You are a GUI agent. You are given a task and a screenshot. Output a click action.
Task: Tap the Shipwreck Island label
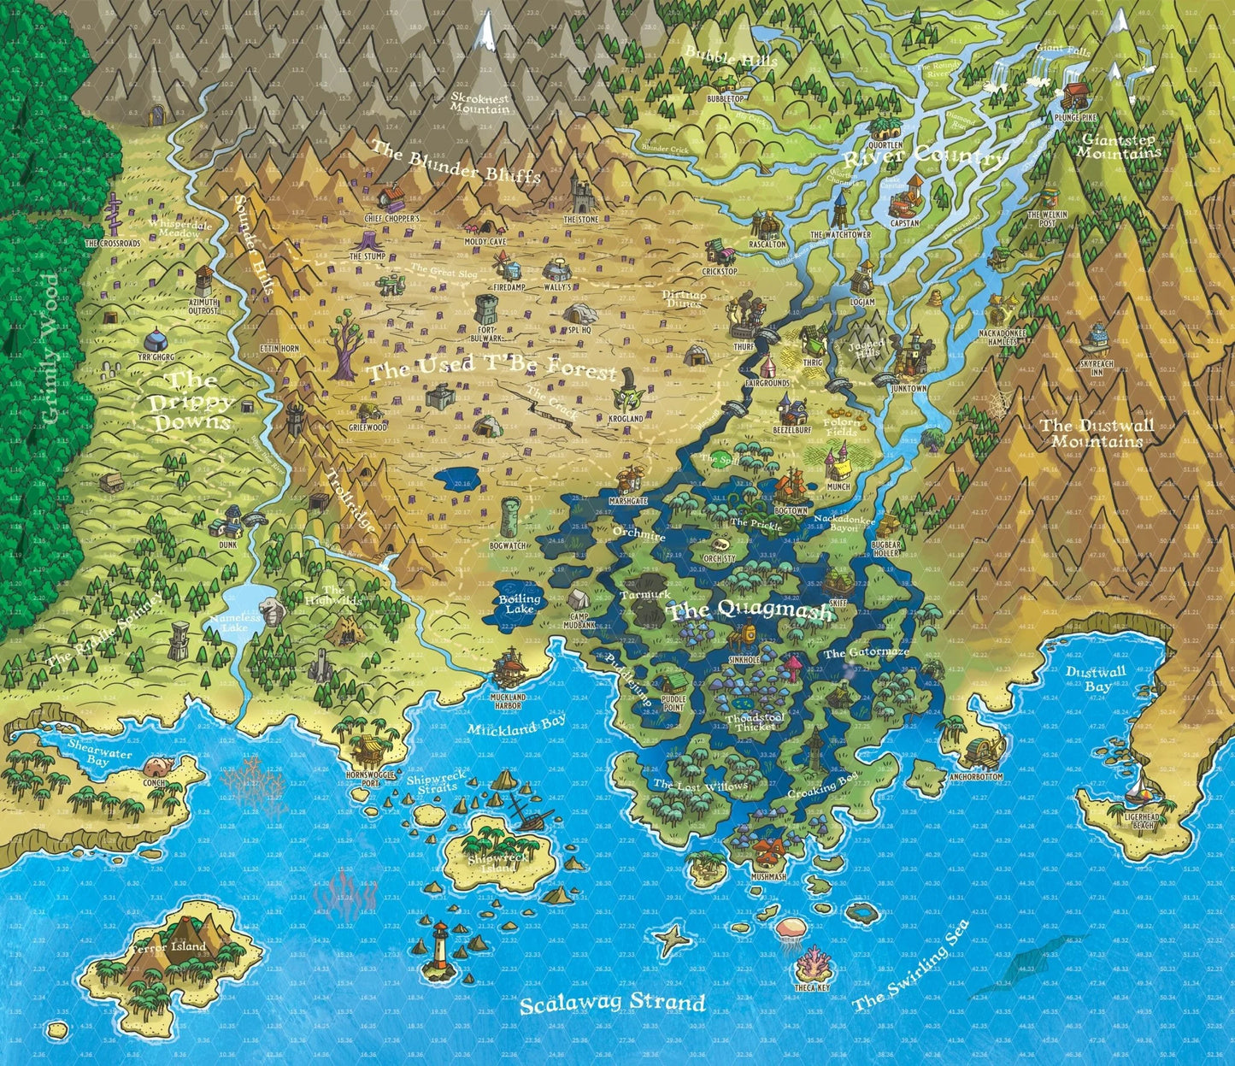point(491,863)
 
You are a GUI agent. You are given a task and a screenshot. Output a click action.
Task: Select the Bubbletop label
point(726,99)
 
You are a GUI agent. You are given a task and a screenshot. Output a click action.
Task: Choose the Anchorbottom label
point(981,777)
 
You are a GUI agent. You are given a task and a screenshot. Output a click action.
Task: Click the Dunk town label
point(226,543)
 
